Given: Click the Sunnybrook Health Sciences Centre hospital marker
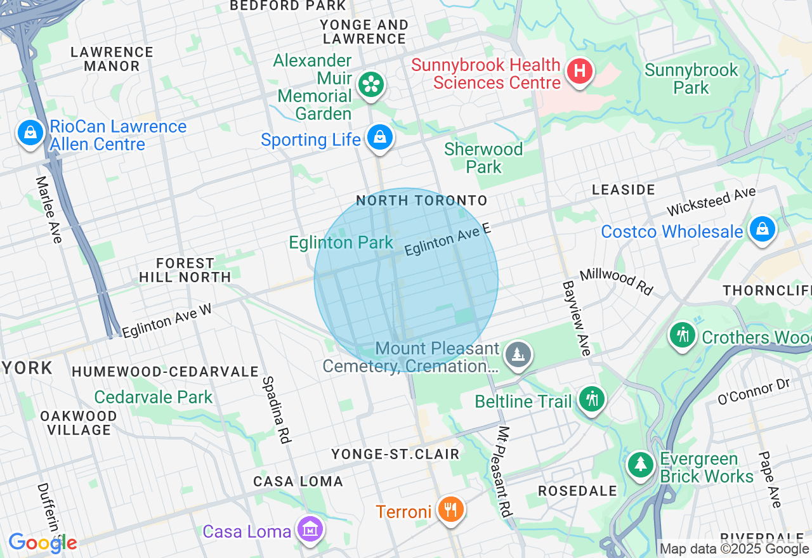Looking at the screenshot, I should coord(579,71).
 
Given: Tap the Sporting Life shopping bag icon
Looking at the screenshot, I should coord(379,138).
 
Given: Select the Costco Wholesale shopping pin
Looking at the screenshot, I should coord(762,230).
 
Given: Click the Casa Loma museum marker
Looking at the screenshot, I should coord(310,529).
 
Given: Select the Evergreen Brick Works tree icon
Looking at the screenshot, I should coord(641,465).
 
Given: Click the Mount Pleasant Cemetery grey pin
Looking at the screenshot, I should coord(519,354).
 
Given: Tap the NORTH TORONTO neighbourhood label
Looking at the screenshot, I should coord(421,201).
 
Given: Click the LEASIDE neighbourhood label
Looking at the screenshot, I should coord(623,190).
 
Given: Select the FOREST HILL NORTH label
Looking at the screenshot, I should coord(185,270).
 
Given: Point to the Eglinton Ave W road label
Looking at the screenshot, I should coord(166,321).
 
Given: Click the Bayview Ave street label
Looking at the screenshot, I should coord(576,318).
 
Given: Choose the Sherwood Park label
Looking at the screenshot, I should coord(483,158).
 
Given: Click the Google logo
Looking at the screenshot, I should coord(43,543).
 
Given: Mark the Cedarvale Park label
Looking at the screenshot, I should coord(154,398).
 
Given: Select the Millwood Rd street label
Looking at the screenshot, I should coord(616,282).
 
